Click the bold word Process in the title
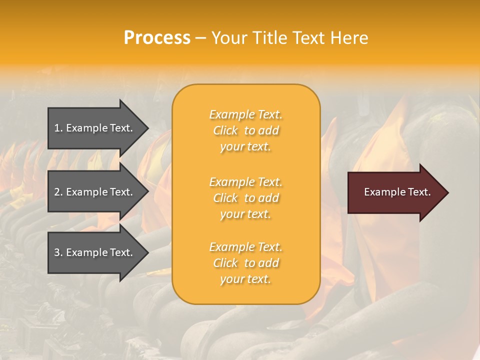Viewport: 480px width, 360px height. click(157, 38)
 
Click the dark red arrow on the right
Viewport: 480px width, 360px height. click(395, 192)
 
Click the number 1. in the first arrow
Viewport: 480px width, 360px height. click(58, 128)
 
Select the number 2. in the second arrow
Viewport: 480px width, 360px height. click(58, 192)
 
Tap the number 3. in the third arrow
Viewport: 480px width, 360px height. click(58, 252)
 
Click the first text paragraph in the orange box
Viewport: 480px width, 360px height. click(245, 130)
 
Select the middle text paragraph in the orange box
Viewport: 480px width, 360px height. click(245, 198)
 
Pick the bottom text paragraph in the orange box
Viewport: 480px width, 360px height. click(245, 263)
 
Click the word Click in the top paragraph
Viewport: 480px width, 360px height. click(225, 130)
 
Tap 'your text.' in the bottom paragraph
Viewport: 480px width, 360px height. click(245, 279)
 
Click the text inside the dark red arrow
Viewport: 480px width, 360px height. click(397, 192)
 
